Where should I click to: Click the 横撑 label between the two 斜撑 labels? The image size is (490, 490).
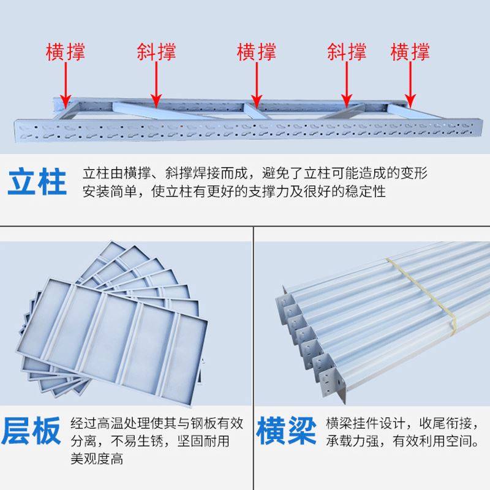(257, 51)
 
